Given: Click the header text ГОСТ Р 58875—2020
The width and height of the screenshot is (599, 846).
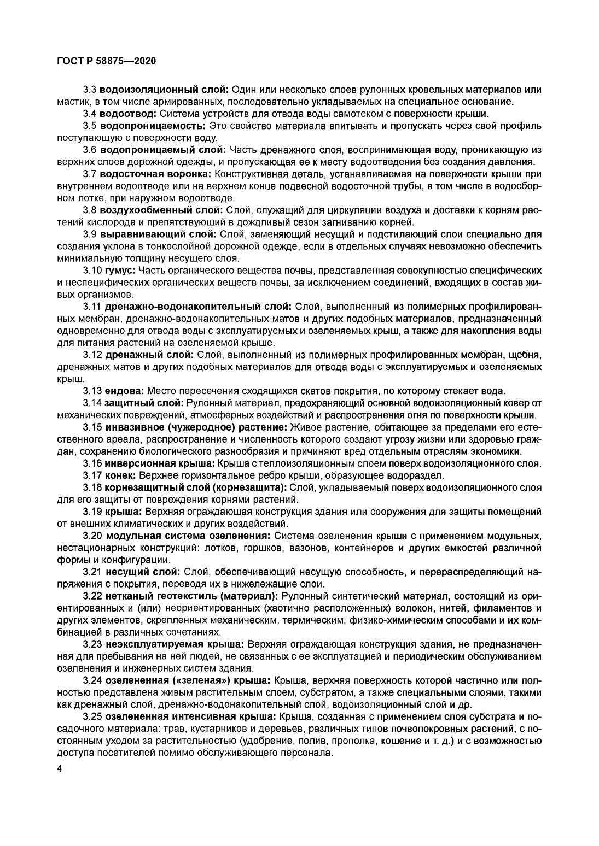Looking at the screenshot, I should tap(106, 61).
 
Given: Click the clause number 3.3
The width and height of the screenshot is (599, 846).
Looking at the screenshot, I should tap(90, 90).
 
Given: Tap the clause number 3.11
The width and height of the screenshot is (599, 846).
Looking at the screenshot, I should tap(92, 307).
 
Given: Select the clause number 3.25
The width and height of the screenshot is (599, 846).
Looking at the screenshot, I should tap(92, 716).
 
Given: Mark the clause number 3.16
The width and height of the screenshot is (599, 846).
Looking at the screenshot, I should tap(92, 463).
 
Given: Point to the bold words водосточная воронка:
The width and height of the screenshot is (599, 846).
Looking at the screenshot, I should tap(155, 174).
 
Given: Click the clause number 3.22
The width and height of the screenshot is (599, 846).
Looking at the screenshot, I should tap(92, 595).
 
